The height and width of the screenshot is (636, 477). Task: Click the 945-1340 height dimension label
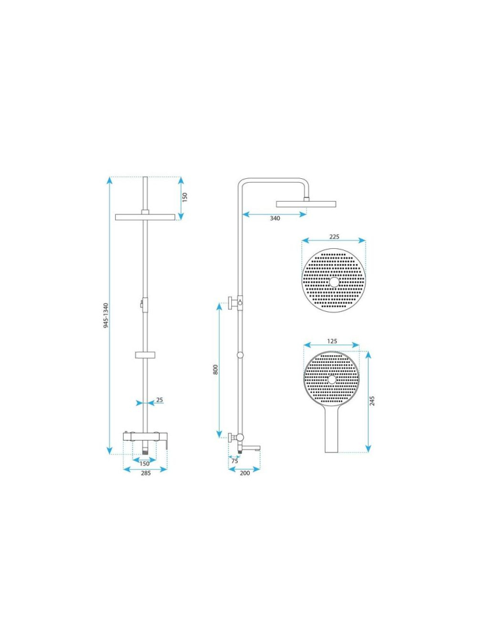[x=106, y=315]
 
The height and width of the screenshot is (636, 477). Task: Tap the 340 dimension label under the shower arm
[x=275, y=218]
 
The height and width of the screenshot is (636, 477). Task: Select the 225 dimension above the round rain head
[x=334, y=236]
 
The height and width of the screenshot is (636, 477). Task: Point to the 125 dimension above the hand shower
[x=332, y=341]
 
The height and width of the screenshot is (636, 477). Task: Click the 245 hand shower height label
[x=373, y=400]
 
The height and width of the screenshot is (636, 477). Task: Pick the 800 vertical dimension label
[x=216, y=369]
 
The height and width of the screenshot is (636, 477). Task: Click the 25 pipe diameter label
[x=159, y=400]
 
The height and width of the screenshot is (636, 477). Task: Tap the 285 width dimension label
[x=146, y=473]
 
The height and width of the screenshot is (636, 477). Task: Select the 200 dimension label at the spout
[x=245, y=473]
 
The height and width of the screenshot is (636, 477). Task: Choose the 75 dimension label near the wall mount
[x=234, y=461]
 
